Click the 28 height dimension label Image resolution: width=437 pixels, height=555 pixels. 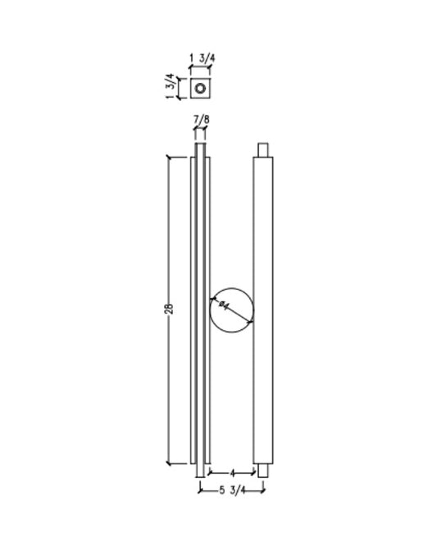(x=168, y=310)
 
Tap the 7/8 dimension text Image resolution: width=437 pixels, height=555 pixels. (x=200, y=121)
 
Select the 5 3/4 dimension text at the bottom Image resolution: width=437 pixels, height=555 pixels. (x=231, y=491)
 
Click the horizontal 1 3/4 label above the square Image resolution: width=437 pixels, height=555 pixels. (x=201, y=58)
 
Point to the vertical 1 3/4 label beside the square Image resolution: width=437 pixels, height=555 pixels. (x=171, y=85)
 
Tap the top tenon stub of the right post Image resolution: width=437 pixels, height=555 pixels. (x=263, y=149)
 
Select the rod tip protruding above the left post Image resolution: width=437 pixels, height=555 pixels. (x=200, y=149)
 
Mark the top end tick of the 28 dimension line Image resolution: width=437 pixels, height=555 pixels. (x=168, y=156)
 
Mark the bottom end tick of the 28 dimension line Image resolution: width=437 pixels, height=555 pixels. (x=168, y=464)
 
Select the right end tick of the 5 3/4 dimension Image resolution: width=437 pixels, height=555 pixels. (x=263, y=491)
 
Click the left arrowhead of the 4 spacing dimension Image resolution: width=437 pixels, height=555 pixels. (x=210, y=474)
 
